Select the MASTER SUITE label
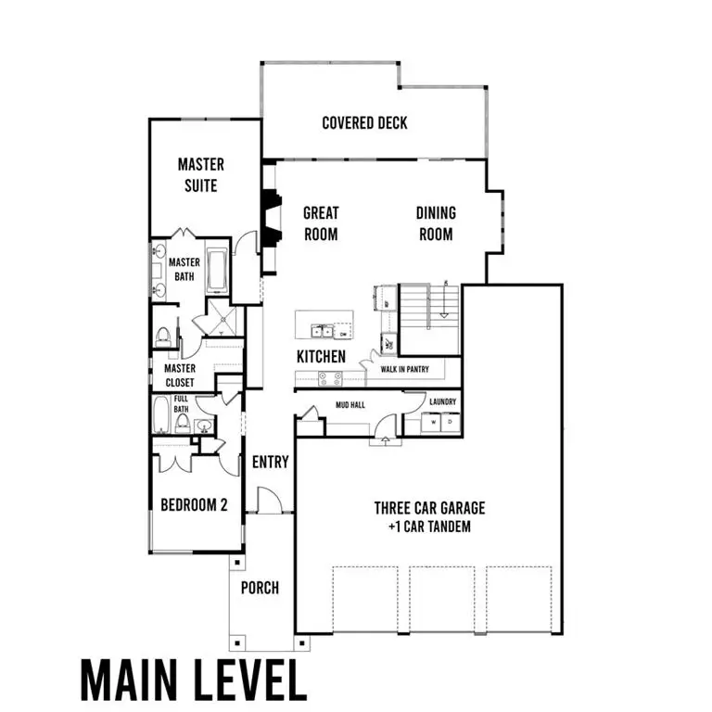point(201,174)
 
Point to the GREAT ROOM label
point(321,223)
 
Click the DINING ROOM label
point(436,223)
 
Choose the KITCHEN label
point(321,356)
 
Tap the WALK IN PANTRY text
point(404,369)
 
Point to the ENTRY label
point(270,462)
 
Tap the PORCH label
point(260,588)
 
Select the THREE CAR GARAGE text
point(429,508)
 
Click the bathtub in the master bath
point(217,268)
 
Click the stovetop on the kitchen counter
point(330,378)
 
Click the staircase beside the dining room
point(428,307)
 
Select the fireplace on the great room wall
point(270,219)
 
